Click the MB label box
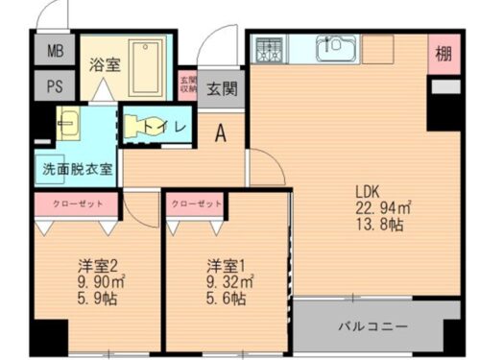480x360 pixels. tap(53, 49)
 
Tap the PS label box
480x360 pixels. tap(53, 84)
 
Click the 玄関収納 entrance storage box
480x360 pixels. tap(187, 85)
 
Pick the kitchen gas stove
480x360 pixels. tap(270, 49)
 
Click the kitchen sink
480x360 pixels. tap(336, 48)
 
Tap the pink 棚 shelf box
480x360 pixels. tap(443, 52)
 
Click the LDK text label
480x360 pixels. tap(370, 189)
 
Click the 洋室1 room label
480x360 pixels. tap(226, 264)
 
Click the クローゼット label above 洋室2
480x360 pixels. tap(77, 204)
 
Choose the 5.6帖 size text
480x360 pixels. tap(226, 299)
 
